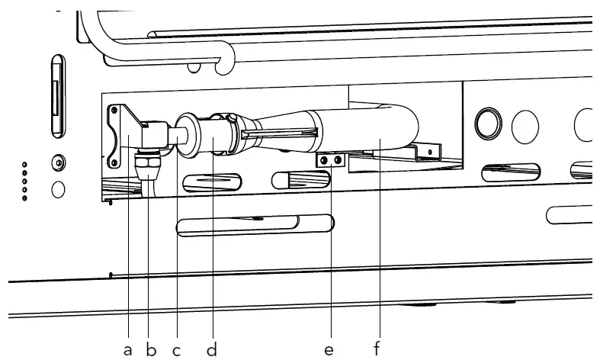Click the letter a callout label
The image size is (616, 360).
pyautogui.click(x=127, y=349)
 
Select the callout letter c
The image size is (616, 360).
pyautogui.click(x=176, y=349)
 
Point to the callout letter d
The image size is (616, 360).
pyautogui.click(x=212, y=349)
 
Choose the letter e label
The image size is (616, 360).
pyautogui.click(x=329, y=349)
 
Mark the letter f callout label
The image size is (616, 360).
pyautogui.click(x=377, y=349)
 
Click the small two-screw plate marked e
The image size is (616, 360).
pyautogui.click(x=332, y=160)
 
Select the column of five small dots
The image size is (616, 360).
pyautogui.click(x=24, y=181)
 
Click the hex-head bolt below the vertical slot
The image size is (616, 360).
pyautogui.click(x=58, y=162)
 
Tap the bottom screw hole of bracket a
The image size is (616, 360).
pyautogui.click(x=115, y=160)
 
